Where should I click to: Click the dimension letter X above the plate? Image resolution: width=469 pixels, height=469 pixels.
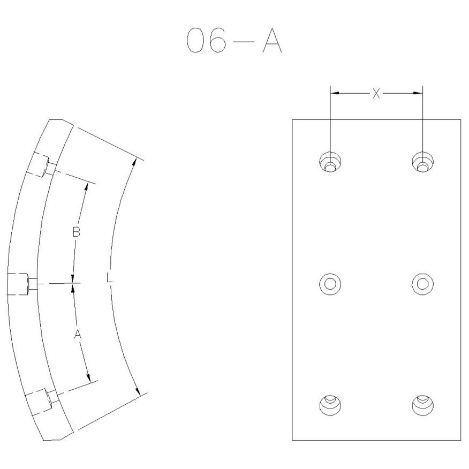(376, 93)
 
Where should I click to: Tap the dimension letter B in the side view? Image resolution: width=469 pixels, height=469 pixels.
(77, 232)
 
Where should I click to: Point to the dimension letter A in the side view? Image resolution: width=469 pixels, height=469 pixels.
(78, 334)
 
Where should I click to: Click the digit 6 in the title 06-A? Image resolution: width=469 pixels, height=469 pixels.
(217, 40)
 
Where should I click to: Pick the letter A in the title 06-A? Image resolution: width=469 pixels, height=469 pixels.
(272, 40)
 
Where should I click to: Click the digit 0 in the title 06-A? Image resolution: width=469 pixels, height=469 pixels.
(195, 40)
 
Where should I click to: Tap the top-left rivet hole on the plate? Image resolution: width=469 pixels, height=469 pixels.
(330, 162)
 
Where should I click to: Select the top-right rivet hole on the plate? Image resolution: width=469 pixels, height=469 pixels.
(422, 162)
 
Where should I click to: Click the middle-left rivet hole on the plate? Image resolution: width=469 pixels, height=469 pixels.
(330, 284)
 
